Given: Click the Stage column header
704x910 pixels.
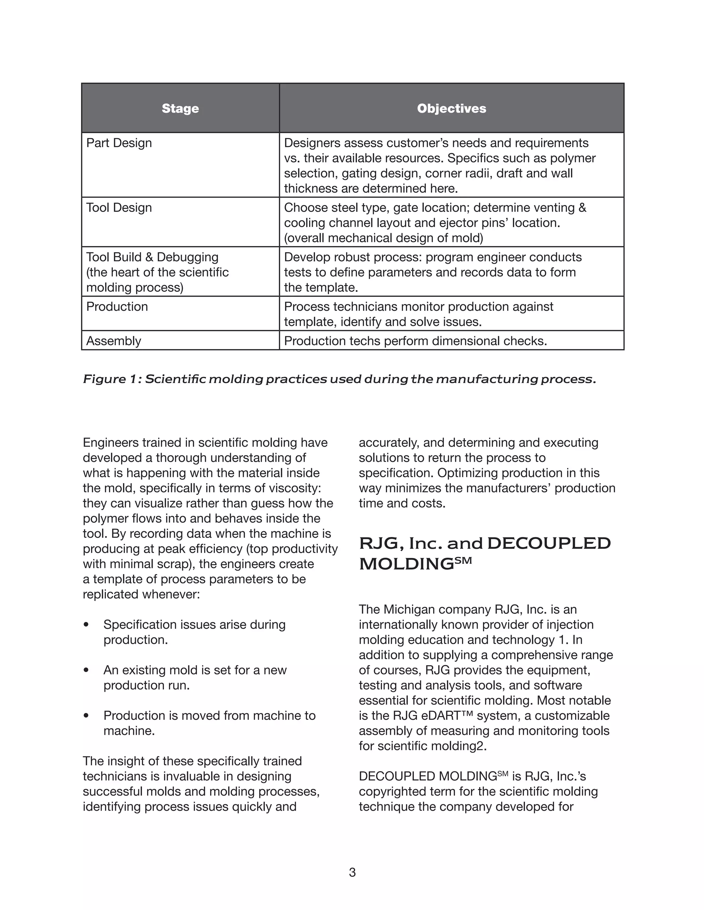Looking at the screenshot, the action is pyautogui.click(x=180, y=108).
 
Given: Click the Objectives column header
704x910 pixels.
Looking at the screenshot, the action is pyautogui.click(x=451, y=108).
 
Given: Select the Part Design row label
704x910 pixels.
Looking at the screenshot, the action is pyautogui.click(x=119, y=143).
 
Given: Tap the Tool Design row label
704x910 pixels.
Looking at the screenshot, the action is pyautogui.click(x=119, y=207).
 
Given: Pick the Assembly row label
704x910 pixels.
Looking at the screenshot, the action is pyautogui.click(x=113, y=341).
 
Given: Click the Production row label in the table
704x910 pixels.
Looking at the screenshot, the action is pyautogui.click(x=117, y=307).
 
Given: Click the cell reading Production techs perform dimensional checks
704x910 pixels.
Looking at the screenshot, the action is pyautogui.click(x=415, y=341).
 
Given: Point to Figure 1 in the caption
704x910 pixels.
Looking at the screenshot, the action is pyautogui.click(x=111, y=379).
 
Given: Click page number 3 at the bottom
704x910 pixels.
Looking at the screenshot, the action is pyautogui.click(x=352, y=872).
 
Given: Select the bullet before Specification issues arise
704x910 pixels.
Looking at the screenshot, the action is pyautogui.click(x=86, y=625).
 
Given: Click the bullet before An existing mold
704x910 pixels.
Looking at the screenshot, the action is pyautogui.click(x=86, y=670).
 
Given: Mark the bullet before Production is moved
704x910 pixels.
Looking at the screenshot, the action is pyautogui.click(x=86, y=715).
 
